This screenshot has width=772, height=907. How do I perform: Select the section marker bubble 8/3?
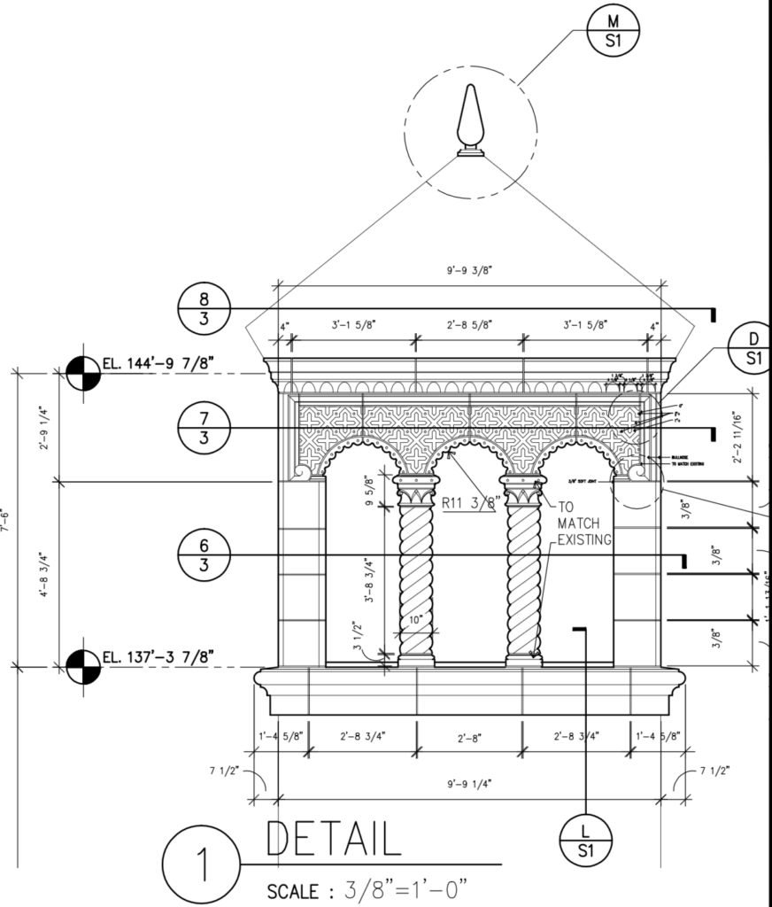click(204, 309)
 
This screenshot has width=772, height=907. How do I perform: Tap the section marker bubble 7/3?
click(204, 429)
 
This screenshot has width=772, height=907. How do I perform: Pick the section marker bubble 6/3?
click(204, 555)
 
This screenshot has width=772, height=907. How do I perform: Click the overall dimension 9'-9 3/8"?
click(470, 274)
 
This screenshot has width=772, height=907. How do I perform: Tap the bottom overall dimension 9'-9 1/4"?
click(469, 783)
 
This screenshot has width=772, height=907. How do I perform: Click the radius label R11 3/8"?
click(471, 502)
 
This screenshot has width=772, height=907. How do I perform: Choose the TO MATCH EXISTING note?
click(582, 524)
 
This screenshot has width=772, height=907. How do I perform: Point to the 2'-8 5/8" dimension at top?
click(469, 325)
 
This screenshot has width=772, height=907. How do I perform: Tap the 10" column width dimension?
click(415, 621)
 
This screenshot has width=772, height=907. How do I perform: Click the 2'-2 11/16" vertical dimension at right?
click(737, 436)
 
